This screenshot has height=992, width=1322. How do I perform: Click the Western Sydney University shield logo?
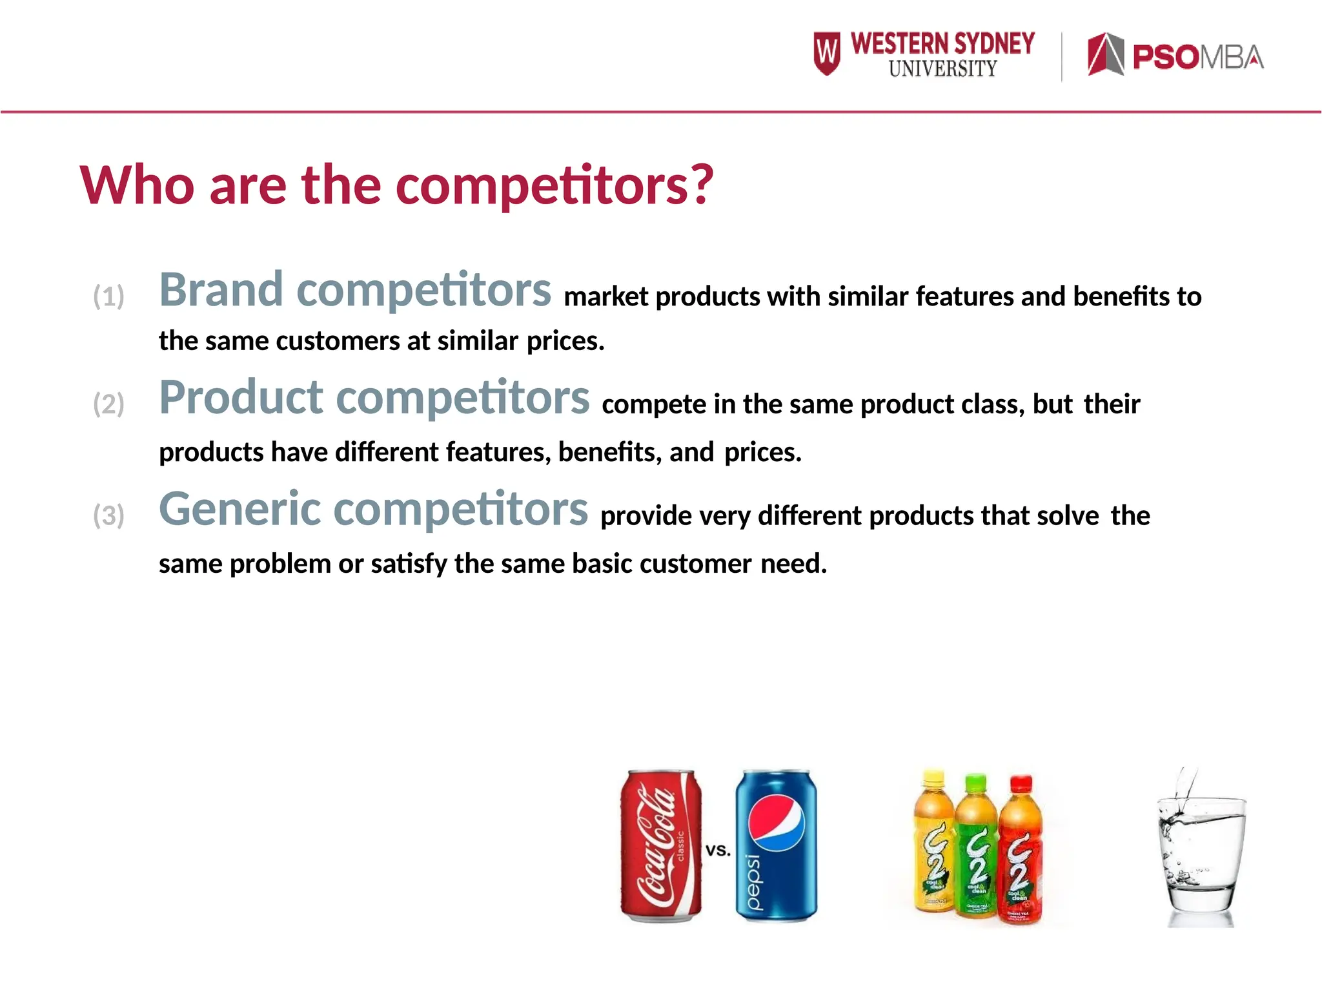point(827,54)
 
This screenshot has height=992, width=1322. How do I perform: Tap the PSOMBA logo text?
point(1198,57)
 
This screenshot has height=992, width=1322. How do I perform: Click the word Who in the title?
point(137,185)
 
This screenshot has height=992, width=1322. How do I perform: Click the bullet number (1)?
point(108,296)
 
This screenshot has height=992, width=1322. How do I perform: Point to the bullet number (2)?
point(108,404)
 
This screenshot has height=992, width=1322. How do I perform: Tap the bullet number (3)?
point(108,516)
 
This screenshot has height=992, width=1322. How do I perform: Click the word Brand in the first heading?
point(221,290)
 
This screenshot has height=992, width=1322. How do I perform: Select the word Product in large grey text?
point(241,397)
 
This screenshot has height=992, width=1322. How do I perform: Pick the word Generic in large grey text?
point(240,509)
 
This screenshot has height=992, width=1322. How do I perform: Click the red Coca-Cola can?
point(661,845)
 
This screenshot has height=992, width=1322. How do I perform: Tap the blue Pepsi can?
point(776,845)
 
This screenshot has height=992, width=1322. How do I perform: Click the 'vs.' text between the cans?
point(718,851)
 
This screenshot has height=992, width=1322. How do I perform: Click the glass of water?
point(1201,852)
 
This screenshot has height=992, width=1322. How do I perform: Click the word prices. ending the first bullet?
point(565,341)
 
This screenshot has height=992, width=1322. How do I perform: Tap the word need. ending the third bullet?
point(793,564)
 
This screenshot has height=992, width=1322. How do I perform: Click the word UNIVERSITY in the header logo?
point(942,68)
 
